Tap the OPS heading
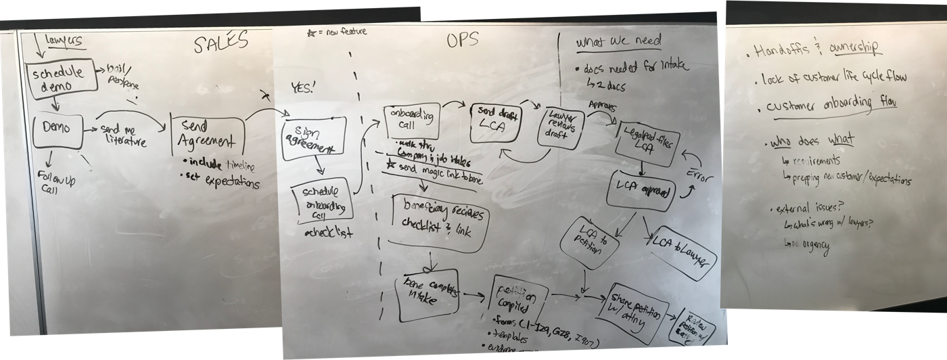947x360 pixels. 463,41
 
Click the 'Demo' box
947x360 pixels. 57,129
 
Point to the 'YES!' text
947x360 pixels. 303,89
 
